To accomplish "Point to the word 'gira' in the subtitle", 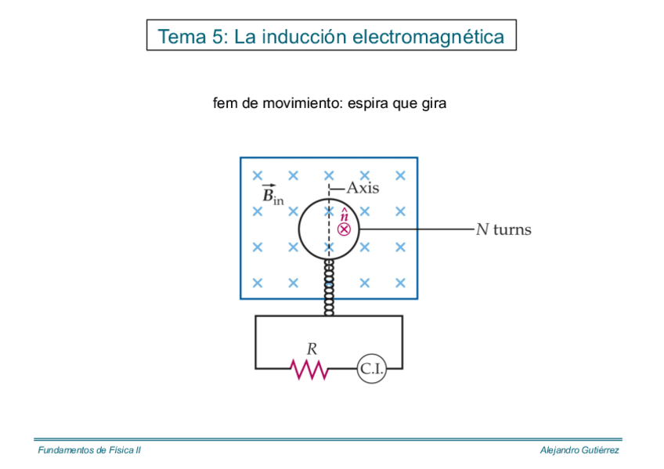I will [x=433, y=103].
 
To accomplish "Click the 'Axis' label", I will [x=363, y=188].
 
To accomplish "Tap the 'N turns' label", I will [x=503, y=229].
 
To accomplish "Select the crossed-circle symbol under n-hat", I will [x=344, y=229].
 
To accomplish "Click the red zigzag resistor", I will [x=309, y=369].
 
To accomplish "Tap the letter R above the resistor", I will [x=311, y=349].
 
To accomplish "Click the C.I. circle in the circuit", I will [x=372, y=369].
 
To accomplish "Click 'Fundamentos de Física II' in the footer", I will [x=89, y=450].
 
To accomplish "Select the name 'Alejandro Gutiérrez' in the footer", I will [x=579, y=450].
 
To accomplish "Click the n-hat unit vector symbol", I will [x=345, y=214].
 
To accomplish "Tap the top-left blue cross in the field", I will [x=258, y=175].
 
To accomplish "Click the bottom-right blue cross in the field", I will [x=400, y=283].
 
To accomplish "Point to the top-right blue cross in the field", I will [x=400, y=175].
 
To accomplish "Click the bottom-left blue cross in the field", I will [x=258, y=283].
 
